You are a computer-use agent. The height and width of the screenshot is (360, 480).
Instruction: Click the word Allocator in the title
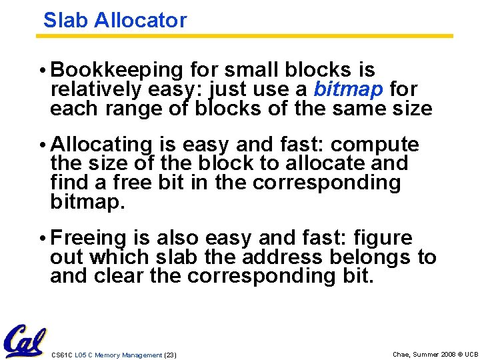(x=140, y=20)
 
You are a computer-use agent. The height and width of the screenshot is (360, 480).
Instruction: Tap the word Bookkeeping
(x=117, y=70)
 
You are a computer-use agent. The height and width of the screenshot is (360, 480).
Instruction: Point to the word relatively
(x=92, y=89)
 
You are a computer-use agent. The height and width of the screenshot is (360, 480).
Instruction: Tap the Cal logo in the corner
(x=25, y=340)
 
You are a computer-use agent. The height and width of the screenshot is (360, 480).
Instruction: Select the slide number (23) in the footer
(x=170, y=355)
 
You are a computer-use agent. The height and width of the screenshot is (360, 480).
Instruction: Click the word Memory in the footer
(x=108, y=355)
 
